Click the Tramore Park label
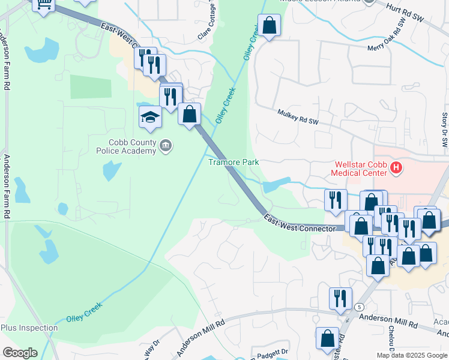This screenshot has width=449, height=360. coord(234,162)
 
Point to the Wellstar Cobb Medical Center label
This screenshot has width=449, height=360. coord(358,169)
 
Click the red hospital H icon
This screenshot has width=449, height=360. coord(396,169)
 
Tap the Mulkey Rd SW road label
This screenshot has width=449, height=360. coord(298,116)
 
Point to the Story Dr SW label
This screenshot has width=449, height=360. coord(445,130)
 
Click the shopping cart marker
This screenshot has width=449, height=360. coord(43,4)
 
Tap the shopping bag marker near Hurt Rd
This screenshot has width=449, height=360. coord(269,26)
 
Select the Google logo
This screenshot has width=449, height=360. coord(20,353)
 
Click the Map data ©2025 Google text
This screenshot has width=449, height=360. coord(412,355)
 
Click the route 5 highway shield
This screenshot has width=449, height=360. coord(359,307)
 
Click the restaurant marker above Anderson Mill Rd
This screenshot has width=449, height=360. coord(340,299)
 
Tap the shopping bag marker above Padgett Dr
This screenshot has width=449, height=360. coord(327,338)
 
